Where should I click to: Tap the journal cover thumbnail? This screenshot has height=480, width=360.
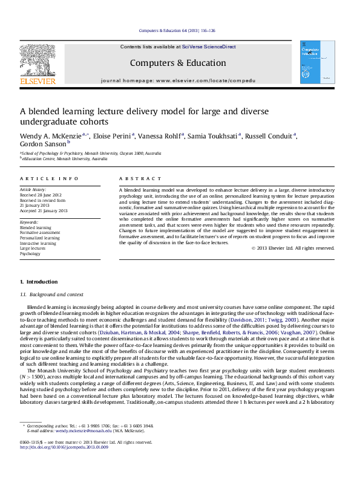pos(316,62)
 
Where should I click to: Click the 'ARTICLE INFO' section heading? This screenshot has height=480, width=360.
pos(50,179)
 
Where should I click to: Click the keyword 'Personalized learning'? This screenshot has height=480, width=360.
pos(39,238)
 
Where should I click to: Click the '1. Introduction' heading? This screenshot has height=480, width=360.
pos(39,282)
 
